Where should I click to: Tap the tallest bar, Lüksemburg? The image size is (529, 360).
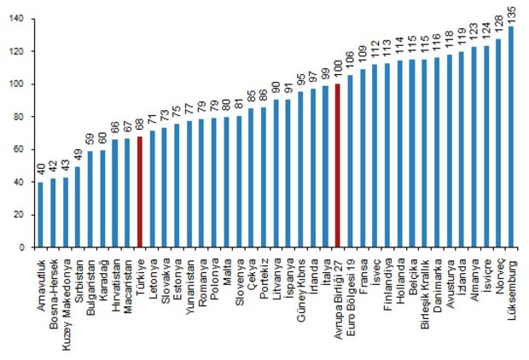pyautogui.click(x=511, y=136)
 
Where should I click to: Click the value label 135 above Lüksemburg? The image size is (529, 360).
pyautogui.click(x=511, y=15)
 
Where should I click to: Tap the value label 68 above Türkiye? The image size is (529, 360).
pyautogui.click(x=139, y=126)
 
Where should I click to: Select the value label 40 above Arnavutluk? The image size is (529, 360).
pyautogui.click(x=40, y=171)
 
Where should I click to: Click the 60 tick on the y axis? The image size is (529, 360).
pyautogui.click(x=20, y=149)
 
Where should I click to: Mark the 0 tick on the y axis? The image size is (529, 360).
pyautogui.click(x=23, y=247)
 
